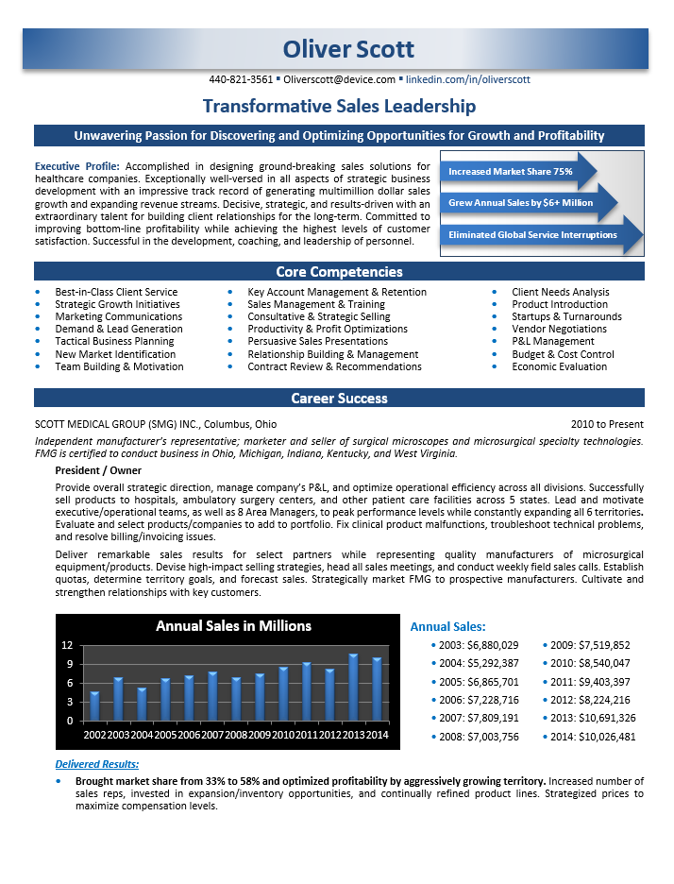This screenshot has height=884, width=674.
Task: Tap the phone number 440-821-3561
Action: tap(241, 80)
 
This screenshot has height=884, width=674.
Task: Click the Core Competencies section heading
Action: tap(339, 272)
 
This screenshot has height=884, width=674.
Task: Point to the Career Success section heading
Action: tap(339, 399)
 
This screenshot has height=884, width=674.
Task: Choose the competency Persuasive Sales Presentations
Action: tap(317, 341)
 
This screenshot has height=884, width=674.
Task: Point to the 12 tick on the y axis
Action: tap(67, 646)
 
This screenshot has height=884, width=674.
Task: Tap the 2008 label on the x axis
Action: tap(236, 735)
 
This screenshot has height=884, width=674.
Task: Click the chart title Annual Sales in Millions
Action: tap(233, 625)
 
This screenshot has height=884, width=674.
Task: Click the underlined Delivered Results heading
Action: tap(97, 764)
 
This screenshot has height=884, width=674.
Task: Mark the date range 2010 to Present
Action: tap(607, 424)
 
